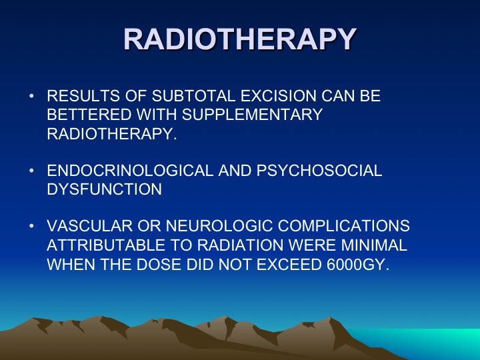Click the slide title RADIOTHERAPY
click(240, 39)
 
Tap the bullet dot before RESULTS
click(31, 96)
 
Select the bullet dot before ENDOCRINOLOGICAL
click(31, 171)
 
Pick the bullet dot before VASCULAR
click(31, 226)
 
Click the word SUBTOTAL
click(193, 96)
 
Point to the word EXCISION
click(278, 96)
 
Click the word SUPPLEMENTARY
click(252, 115)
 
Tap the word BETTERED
click(89, 115)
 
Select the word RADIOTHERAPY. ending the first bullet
click(112, 133)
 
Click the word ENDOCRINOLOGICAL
click(130, 171)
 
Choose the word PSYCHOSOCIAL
click(319, 171)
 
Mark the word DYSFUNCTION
click(105, 189)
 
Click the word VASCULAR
click(90, 226)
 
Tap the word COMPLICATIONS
click(344, 226)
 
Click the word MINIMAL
click(374, 245)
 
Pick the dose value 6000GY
click(358, 265)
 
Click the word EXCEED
click(289, 265)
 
